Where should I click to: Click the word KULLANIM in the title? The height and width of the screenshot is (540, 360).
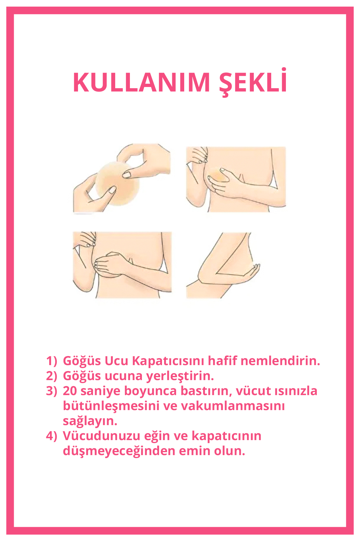[x=141, y=82]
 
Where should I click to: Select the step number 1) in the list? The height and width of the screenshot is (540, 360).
[x=51, y=361]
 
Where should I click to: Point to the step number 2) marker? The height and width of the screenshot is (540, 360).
[x=51, y=376]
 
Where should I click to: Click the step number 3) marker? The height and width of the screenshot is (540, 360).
[x=51, y=391]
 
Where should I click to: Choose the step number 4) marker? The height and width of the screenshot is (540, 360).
[x=51, y=436]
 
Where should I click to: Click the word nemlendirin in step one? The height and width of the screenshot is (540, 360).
[x=280, y=361]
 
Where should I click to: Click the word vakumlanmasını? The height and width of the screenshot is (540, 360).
[x=233, y=406]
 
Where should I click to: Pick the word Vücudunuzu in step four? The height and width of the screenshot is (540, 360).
[x=102, y=436]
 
